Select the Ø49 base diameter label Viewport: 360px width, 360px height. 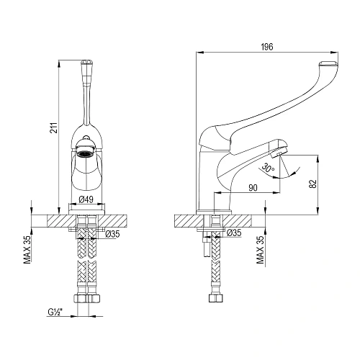pyautogui.click(x=86, y=200)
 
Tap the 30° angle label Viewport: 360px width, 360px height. pyautogui.click(x=268, y=168)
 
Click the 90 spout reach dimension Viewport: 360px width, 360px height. pyautogui.click(x=254, y=187)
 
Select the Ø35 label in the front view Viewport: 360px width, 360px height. pyautogui.click(x=112, y=233)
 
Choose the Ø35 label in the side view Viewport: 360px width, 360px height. pyautogui.click(x=233, y=233)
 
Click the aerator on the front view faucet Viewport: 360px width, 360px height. pyautogui.click(x=86, y=152)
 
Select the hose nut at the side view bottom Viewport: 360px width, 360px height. pyautogui.click(x=215, y=297)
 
